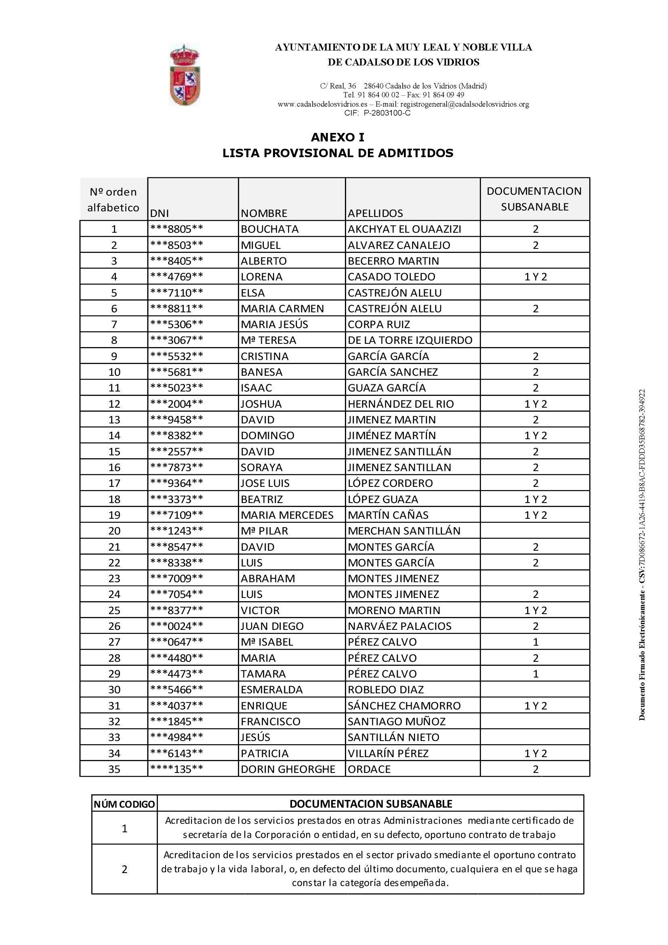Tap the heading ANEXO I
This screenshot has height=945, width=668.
[337, 137]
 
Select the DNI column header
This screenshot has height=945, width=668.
[160, 213]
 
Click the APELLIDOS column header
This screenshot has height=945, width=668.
[375, 213]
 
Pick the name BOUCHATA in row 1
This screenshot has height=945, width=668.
[269, 229]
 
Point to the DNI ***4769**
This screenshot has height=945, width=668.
[176, 277]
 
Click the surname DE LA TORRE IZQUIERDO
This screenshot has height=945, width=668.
[410, 340]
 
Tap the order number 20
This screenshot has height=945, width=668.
[114, 531]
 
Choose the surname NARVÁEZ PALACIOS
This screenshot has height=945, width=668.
[399, 626]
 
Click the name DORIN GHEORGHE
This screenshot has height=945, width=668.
[288, 769]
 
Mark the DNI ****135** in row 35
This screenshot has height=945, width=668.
[176, 769]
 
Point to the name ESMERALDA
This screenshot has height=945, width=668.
[271, 689]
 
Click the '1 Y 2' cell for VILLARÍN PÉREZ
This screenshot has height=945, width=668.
[536, 753]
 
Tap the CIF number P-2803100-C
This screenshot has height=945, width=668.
[387, 113]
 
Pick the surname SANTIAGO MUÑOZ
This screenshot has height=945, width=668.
[397, 721]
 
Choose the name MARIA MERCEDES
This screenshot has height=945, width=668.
[287, 515]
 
